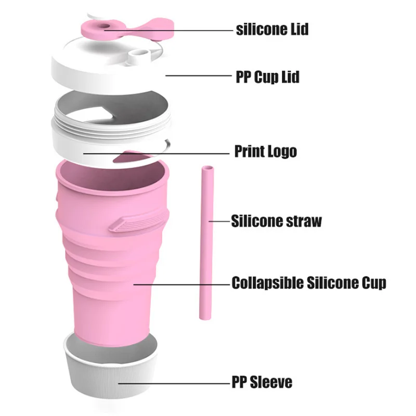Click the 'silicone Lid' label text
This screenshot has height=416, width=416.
(272, 29)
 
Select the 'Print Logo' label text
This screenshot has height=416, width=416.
(265, 152)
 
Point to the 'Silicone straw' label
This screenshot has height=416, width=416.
(277, 221)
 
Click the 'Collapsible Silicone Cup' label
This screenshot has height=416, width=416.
(309, 283)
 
